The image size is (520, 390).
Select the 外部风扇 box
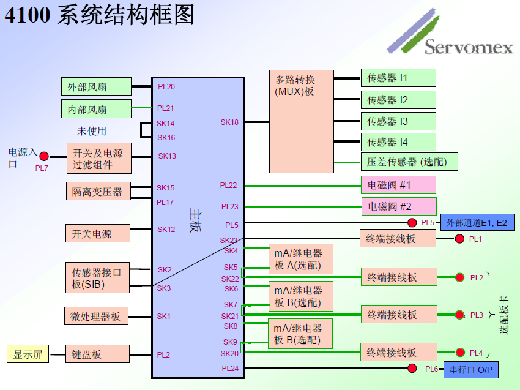click(96, 87)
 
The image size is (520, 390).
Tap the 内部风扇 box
click(96, 109)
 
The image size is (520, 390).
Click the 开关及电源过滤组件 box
click(98, 158)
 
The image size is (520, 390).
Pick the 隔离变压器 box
click(98, 191)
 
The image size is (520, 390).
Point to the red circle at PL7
click(44, 157)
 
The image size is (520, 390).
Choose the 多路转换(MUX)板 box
click(301, 121)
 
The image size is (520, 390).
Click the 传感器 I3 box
click(398, 121)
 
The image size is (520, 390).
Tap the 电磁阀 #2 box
click(398, 206)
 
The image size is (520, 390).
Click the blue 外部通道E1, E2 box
click(477, 223)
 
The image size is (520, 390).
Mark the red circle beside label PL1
click(459, 239)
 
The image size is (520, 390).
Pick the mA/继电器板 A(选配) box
click(301, 259)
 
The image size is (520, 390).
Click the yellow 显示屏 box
click(27, 354)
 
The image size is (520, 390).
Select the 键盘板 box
click(98, 354)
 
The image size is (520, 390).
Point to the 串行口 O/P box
click(470, 369)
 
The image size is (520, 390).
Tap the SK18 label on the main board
click(229, 122)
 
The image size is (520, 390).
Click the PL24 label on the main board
click(230, 368)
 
